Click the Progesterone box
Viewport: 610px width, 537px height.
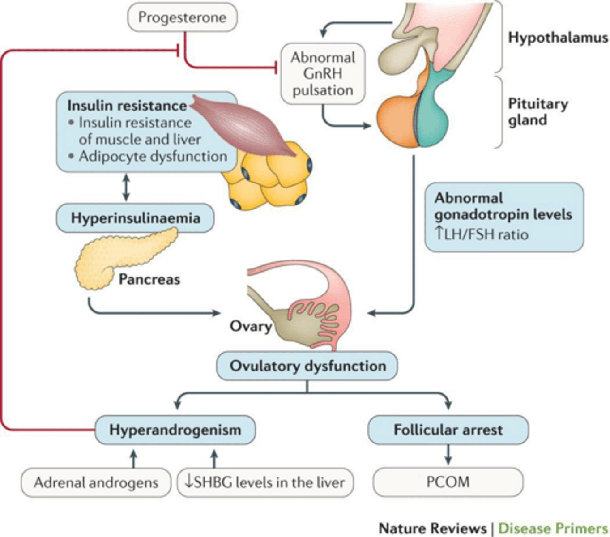click(x=182, y=17)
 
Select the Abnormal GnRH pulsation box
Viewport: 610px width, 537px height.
click(x=323, y=74)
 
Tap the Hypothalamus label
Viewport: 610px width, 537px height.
click(x=558, y=38)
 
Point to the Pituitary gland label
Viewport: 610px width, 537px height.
click(x=537, y=112)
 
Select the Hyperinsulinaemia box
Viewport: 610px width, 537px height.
click(x=135, y=218)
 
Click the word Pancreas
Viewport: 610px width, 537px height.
click(x=149, y=279)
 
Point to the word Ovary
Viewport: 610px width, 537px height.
click(x=251, y=326)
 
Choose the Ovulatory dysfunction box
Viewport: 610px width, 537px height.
click(x=307, y=366)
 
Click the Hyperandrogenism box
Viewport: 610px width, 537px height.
click(x=175, y=430)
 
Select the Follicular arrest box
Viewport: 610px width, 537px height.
click(x=448, y=430)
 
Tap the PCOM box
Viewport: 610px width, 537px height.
click(x=448, y=482)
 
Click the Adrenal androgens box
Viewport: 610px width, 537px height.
click(x=96, y=482)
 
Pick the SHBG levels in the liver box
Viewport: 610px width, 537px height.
click(x=265, y=482)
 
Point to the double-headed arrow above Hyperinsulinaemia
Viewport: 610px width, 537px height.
click(x=126, y=188)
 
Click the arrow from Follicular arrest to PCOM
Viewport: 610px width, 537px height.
click(x=448, y=455)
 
